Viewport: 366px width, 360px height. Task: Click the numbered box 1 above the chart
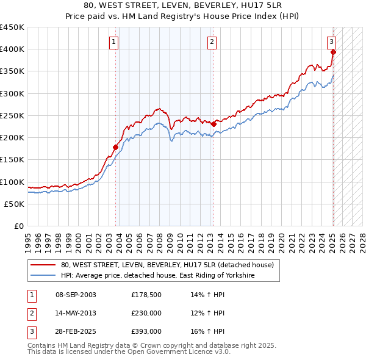[x=115, y=42]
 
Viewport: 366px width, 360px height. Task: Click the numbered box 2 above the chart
[x=212, y=42]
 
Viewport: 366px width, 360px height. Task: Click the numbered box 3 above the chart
[x=331, y=42]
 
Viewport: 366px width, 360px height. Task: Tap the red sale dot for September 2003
[x=115, y=146]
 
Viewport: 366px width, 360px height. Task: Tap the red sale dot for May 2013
[x=213, y=124]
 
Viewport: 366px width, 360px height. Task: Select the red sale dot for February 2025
[x=333, y=52]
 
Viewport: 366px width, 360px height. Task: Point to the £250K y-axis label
[x=12, y=115]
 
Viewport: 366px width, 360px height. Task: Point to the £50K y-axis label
[x=15, y=204]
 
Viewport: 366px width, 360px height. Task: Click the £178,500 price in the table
[x=146, y=295]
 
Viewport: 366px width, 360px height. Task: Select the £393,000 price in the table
[x=146, y=332]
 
